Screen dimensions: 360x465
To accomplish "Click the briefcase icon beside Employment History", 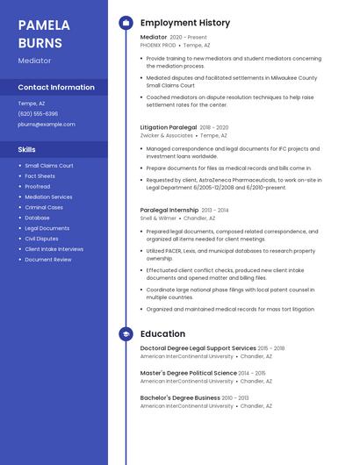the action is [x=126, y=23].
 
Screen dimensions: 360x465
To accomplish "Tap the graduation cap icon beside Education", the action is [x=126, y=334].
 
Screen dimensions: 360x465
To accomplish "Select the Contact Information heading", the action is [x=56, y=88].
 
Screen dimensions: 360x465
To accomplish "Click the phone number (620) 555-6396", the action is [x=38, y=114].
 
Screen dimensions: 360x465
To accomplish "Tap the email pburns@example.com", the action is [x=47, y=125].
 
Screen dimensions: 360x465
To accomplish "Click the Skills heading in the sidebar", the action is [x=27, y=149].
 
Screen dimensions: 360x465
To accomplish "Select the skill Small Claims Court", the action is [x=49, y=166].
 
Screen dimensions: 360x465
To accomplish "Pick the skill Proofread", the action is [x=38, y=187].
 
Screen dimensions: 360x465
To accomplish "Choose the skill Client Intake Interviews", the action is [x=54, y=249].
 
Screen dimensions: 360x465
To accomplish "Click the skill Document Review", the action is [x=48, y=260].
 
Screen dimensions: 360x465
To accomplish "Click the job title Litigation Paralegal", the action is [x=169, y=127].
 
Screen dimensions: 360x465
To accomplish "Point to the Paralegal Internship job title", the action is [x=169, y=211].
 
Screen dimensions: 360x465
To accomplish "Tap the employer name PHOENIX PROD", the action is [x=158, y=45].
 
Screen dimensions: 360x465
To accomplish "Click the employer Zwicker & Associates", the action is [x=167, y=136].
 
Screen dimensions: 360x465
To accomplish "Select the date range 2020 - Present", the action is [x=188, y=38].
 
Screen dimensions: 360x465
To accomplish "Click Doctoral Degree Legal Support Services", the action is [x=198, y=348].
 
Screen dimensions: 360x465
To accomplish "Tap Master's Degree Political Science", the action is [x=189, y=373].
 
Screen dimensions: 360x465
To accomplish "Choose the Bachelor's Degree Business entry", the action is [x=180, y=397].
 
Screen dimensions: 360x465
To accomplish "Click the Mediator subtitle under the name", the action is [x=35, y=61].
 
